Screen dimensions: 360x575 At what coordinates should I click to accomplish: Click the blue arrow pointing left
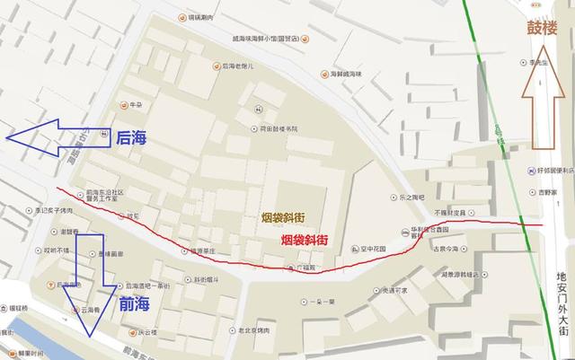(x=57, y=136)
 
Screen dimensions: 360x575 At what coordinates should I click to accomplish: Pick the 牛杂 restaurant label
(x=137, y=105)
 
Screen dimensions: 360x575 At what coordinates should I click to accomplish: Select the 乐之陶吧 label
(x=404, y=197)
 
